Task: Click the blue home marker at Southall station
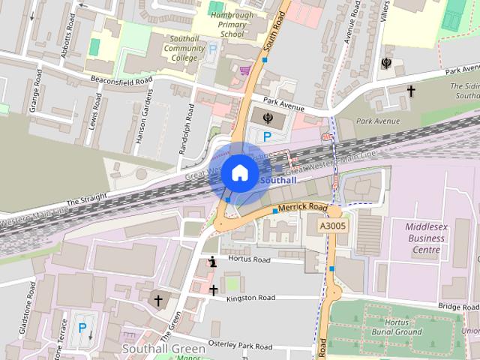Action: pyautogui.click(x=238, y=172)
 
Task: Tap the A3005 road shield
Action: pyautogui.click(x=332, y=225)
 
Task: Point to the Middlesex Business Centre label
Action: pyautogui.click(x=424, y=239)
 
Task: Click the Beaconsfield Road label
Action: pyautogui.click(x=121, y=79)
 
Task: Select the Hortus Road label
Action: pyautogui.click(x=250, y=260)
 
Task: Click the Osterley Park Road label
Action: pyautogui.click(x=246, y=346)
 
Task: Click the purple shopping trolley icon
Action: pyautogui.click(x=244, y=70)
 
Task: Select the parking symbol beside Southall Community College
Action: pyautogui.click(x=211, y=49)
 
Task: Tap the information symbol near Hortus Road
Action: pyautogui.click(x=213, y=262)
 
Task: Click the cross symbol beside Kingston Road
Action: pyautogui.click(x=213, y=290)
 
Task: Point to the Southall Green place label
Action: pyautogui.click(x=163, y=349)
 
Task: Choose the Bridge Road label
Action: pyautogui.click(x=459, y=307)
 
